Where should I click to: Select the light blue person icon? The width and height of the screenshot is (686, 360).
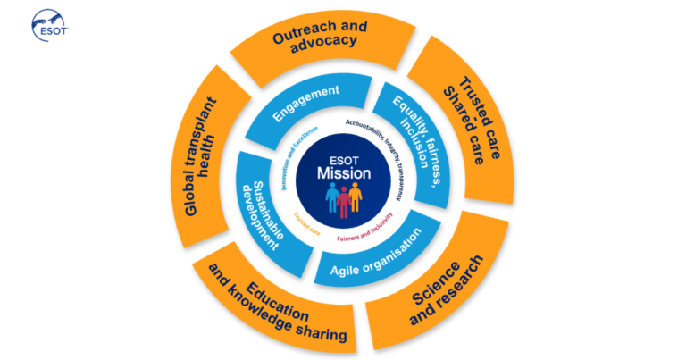coord(330,197)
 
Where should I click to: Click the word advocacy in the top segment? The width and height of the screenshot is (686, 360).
coord(331,42)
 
